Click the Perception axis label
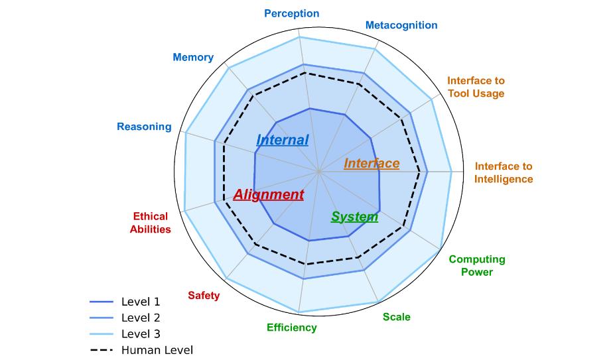(291, 13)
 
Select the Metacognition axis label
(401, 25)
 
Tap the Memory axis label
(193, 57)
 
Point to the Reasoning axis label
(144, 127)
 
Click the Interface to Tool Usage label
(476, 87)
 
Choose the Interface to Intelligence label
(504, 172)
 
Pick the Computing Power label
(477, 265)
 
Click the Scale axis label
(397, 317)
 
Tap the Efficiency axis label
(291, 328)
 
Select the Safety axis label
(204, 296)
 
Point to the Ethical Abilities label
(150, 223)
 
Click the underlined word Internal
(282, 141)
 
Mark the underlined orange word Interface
(372, 164)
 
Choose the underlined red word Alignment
(269, 195)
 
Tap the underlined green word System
(354, 217)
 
